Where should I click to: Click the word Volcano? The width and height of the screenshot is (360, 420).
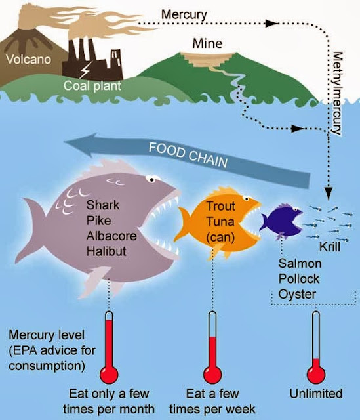[28, 59]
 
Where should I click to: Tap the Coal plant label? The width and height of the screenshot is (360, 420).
[92, 86]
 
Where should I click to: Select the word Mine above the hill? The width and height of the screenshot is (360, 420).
[207, 43]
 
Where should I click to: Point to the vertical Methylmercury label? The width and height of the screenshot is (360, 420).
[337, 93]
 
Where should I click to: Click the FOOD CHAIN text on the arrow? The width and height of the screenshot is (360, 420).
[188, 155]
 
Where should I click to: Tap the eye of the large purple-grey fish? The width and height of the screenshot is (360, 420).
[151, 179]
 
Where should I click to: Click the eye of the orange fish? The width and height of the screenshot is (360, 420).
[247, 198]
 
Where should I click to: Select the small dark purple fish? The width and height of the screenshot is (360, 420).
[281, 221]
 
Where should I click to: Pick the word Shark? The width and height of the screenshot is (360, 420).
[103, 205]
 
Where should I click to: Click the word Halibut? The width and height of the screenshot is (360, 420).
[106, 251]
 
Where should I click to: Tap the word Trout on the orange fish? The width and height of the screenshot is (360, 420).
[220, 206]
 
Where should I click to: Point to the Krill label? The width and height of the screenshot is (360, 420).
[330, 247]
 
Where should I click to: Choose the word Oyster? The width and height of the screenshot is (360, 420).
[297, 295]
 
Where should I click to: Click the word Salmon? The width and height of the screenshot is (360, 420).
[300, 263]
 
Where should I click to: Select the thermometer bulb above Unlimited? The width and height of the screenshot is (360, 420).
[316, 374]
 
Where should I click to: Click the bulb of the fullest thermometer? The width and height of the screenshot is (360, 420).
[109, 374]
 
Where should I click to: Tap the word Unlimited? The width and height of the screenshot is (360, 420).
[316, 394]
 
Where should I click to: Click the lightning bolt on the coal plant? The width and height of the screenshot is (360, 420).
[86, 70]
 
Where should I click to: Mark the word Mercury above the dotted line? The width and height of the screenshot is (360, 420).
[184, 14]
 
